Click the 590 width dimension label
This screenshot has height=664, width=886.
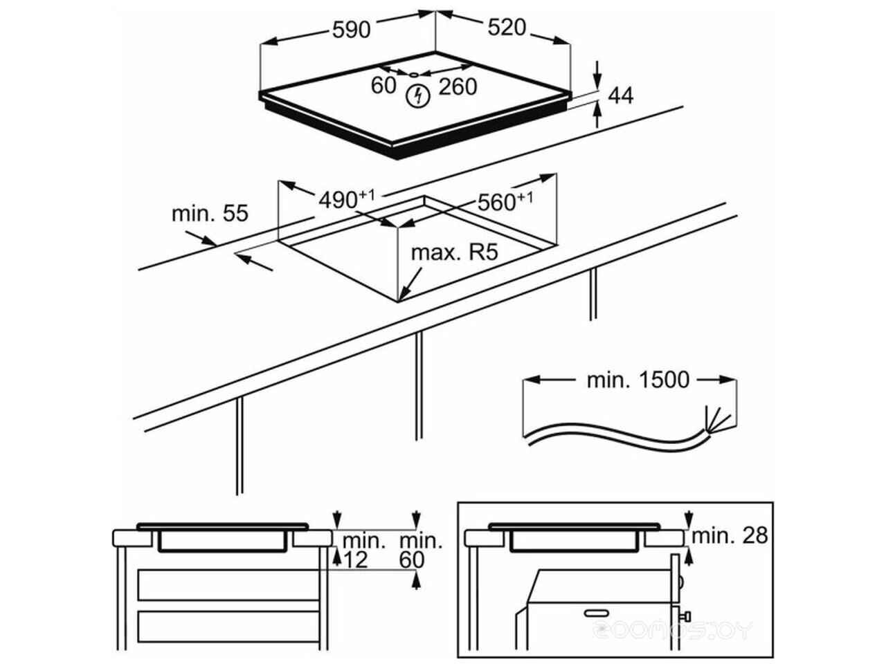pos(352,30)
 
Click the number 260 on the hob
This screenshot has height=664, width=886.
pos(458,86)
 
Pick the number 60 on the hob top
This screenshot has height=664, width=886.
pos(383,85)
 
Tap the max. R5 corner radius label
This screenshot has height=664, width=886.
pos(455,252)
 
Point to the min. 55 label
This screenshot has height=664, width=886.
pos(210,214)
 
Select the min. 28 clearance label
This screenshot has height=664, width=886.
pos(730,535)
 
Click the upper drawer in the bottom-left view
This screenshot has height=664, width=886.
pos(228,585)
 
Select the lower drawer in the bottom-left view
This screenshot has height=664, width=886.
pos(228,627)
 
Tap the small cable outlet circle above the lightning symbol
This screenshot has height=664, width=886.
pos(414,73)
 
